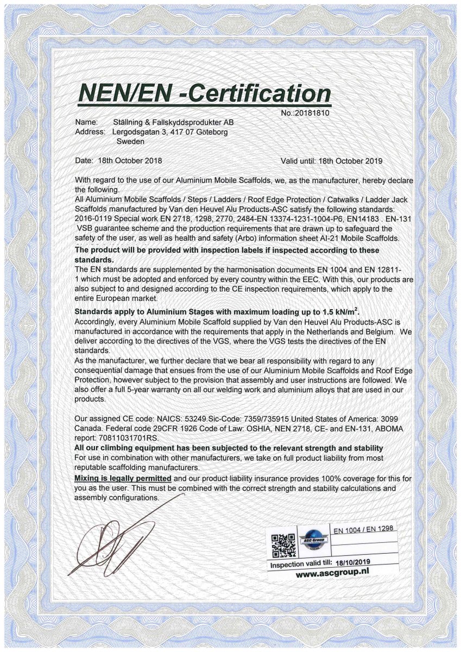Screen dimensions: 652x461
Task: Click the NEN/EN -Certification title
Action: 205,93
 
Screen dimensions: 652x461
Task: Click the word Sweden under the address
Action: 130,141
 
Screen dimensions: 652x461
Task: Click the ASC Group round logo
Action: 314,541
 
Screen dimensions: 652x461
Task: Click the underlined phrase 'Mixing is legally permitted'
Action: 123,479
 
